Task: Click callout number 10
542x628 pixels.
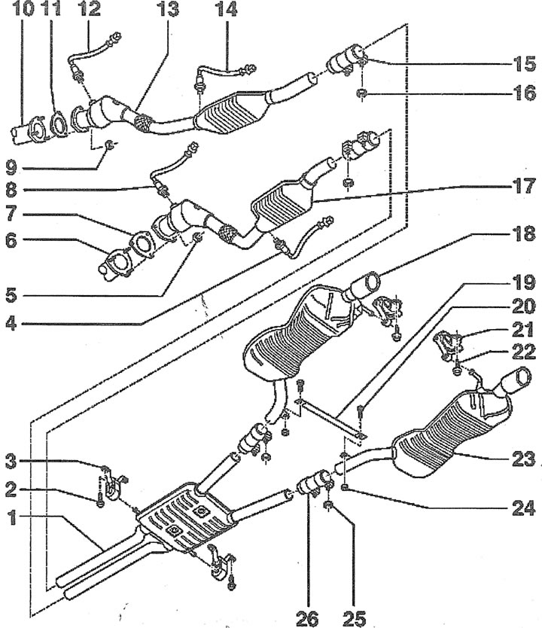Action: (23, 8)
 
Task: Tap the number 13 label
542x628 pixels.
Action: (168, 8)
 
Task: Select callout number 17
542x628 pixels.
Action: (524, 187)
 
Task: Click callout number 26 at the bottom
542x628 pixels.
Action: (307, 619)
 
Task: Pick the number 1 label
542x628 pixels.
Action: (12, 518)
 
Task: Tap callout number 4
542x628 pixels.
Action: (11, 323)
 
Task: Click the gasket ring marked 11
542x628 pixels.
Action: (59, 123)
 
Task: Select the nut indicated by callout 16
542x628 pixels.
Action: (361, 93)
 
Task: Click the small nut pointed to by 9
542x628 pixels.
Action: (109, 145)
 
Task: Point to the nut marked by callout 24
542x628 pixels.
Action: (345, 486)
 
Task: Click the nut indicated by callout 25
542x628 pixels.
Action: (329, 505)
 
